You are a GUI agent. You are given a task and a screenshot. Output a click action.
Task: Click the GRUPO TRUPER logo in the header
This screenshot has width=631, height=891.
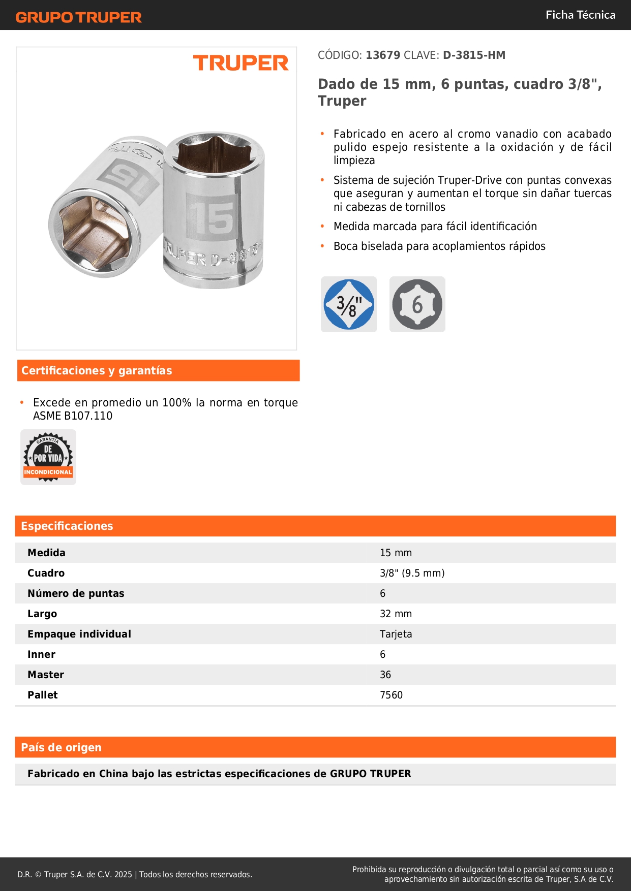pos(78,17)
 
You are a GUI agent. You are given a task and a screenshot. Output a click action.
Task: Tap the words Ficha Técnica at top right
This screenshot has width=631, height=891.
pos(580,15)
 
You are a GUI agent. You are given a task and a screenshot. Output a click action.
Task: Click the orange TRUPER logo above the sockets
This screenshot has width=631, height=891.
pos(241,63)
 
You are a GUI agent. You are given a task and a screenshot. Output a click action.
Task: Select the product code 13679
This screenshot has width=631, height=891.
pos(383,55)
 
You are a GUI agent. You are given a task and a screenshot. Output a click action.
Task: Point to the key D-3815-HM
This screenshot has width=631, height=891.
pos(474,55)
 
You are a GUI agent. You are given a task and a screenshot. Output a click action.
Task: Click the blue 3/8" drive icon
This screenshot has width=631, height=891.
pos(349,304)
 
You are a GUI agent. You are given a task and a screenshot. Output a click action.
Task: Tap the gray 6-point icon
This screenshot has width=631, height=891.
pos(417,304)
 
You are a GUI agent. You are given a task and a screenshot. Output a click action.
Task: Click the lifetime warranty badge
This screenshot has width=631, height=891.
pos(48,457)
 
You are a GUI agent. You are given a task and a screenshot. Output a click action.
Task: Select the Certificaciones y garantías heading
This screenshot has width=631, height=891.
pos(97,370)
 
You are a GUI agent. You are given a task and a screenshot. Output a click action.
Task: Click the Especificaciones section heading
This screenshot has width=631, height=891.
pos(67,526)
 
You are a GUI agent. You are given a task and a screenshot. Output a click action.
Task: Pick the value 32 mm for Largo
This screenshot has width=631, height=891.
pos(396,614)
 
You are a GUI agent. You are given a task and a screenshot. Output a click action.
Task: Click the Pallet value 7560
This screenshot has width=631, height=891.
pos(391,695)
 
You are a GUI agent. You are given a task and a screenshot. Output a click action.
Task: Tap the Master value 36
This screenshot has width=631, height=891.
pos(385,675)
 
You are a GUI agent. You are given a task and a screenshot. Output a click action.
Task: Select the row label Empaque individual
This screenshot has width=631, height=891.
pos(79,634)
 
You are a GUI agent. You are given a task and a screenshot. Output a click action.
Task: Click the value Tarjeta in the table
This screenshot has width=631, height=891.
pos(396,634)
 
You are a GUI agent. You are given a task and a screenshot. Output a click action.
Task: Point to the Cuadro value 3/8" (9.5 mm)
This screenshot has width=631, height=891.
pos(412,573)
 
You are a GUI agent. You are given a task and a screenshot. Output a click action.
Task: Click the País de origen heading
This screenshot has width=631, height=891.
pos(61,747)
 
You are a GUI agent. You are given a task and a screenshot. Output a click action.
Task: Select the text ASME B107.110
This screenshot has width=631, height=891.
pos(73,416)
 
